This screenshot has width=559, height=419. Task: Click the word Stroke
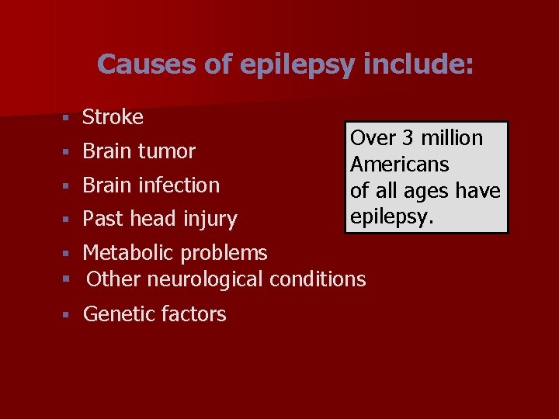click(x=113, y=117)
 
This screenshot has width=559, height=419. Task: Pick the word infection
click(x=181, y=185)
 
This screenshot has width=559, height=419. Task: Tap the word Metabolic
click(x=123, y=253)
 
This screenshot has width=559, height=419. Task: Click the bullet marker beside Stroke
click(x=68, y=118)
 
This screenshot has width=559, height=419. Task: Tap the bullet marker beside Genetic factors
click(x=68, y=315)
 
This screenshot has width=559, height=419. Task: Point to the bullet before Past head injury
click(x=68, y=220)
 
